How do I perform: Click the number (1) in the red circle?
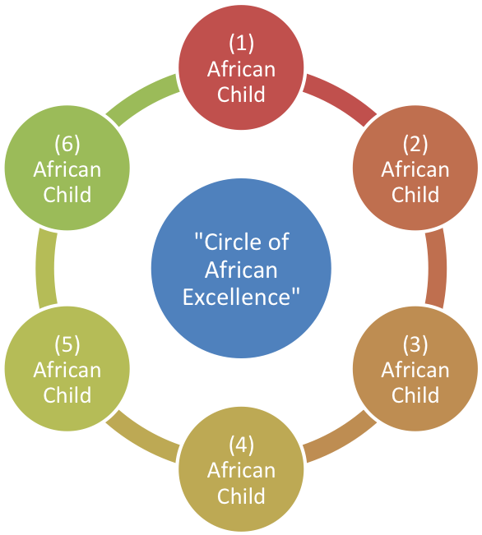click(241, 43)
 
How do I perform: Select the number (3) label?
click(415, 344)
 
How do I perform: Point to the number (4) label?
click(241, 445)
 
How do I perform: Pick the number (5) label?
click(67, 344)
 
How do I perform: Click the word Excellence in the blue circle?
click(241, 297)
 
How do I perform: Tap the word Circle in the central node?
click(223, 242)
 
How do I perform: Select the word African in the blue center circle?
click(241, 270)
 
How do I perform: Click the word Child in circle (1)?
click(241, 95)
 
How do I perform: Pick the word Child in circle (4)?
click(241, 496)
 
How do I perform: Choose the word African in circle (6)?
click(67, 169)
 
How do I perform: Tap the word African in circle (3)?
click(415, 370)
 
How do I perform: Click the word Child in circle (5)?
click(67, 395)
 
